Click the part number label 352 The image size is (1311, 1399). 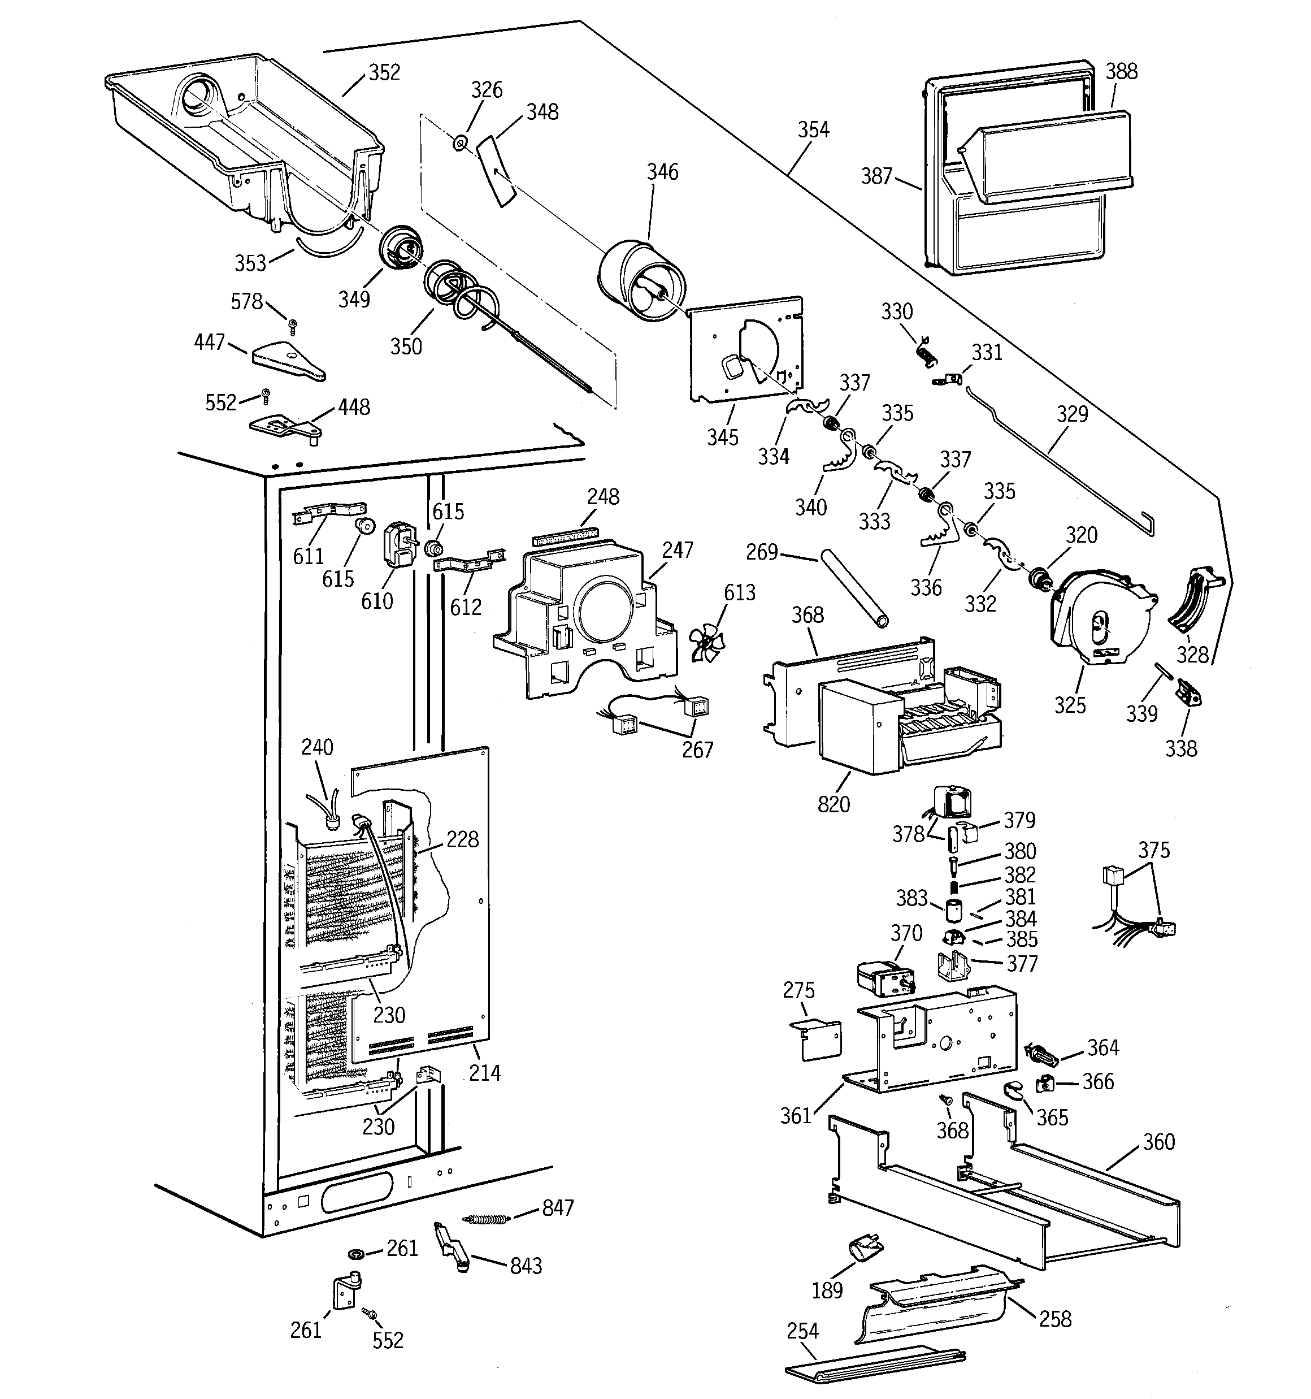coord(384,72)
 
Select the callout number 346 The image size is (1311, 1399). coord(662,172)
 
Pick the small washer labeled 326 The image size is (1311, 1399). coord(458,144)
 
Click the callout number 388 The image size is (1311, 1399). coord(1121,72)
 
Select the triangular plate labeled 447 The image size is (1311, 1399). coord(289,360)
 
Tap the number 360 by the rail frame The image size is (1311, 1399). coord(1158,1141)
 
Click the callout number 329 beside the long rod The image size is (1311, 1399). coord(1072,414)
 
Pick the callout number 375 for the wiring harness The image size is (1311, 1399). coord(1154,850)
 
